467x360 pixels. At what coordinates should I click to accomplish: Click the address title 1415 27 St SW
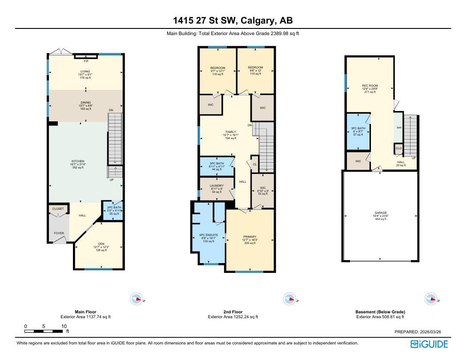point(233,20)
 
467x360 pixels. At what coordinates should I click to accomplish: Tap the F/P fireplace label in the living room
point(86,61)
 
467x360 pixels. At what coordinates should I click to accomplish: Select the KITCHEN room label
point(78,161)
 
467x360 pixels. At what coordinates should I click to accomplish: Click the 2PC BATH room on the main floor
point(114,210)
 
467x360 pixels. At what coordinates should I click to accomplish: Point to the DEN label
point(101,244)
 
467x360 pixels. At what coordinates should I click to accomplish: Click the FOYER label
point(59,233)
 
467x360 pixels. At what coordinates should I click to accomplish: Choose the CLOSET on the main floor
point(58,208)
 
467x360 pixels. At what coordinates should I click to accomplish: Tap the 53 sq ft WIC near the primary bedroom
point(262,191)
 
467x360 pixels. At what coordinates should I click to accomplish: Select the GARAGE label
point(381,216)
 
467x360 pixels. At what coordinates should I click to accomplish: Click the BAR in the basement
point(399,128)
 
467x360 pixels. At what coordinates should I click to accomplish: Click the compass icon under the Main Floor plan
point(137,299)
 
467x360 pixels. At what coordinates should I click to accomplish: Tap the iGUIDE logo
point(429,344)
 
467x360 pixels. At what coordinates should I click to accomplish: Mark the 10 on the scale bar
point(64,326)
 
